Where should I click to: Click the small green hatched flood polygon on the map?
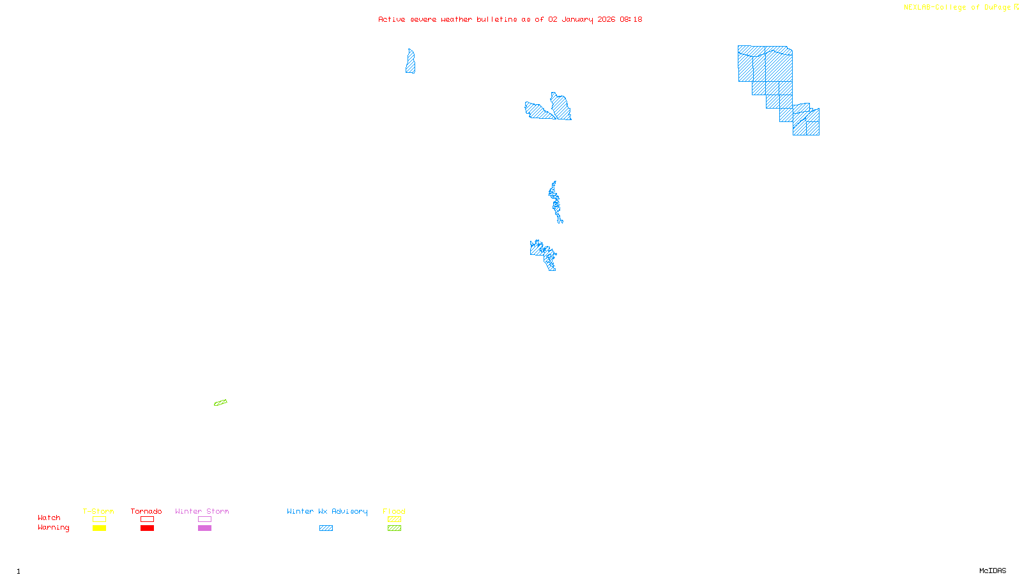(220, 402)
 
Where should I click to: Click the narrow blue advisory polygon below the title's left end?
(410, 63)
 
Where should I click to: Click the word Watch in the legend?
(49, 517)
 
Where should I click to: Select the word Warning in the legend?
(53, 528)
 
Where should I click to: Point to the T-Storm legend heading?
(98, 511)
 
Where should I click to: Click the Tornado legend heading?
(146, 511)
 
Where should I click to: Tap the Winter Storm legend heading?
(202, 511)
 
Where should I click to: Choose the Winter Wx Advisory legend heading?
(327, 511)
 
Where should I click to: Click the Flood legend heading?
(394, 511)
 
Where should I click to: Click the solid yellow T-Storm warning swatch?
(99, 528)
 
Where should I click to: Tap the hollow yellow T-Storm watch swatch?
(99, 519)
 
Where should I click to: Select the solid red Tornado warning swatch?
(147, 528)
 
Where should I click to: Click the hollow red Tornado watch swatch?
(147, 519)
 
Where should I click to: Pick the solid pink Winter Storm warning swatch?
(204, 528)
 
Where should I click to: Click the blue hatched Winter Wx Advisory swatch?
(326, 528)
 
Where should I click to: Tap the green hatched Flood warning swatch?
(394, 528)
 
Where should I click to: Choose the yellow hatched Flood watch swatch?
(394, 519)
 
